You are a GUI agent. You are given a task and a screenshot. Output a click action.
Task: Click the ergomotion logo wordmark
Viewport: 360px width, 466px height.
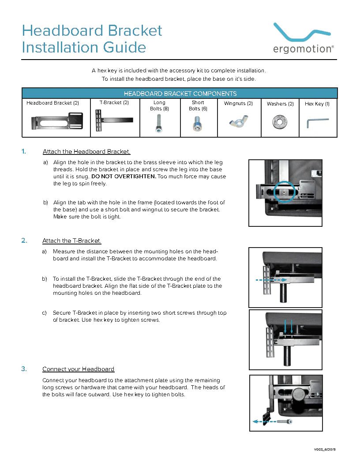(x=302, y=49)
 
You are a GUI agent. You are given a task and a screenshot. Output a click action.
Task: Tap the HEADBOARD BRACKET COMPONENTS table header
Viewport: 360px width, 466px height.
(x=180, y=94)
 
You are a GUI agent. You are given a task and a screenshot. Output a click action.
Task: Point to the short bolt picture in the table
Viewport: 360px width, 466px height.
(x=197, y=124)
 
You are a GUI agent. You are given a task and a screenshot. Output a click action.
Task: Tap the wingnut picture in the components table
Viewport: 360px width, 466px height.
(x=238, y=121)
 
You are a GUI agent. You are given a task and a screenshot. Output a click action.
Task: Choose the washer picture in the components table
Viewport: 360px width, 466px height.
(x=279, y=121)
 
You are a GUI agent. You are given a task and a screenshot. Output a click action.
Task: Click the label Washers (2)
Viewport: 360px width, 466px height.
(x=280, y=104)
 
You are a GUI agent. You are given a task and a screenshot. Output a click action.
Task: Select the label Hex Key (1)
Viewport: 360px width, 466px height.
(x=317, y=104)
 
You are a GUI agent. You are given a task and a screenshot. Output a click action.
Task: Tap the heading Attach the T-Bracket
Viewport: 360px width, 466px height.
(x=71, y=241)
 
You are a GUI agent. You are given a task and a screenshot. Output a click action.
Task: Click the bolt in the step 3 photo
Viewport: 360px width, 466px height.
(x=284, y=421)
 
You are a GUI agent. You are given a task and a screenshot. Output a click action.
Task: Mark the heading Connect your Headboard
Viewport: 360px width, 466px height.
(x=78, y=369)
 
